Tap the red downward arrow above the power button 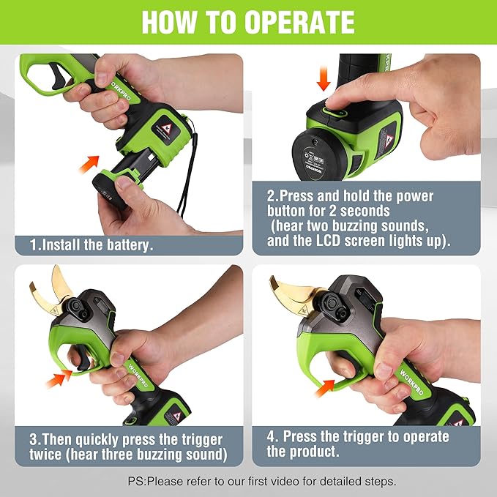point(323,81)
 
